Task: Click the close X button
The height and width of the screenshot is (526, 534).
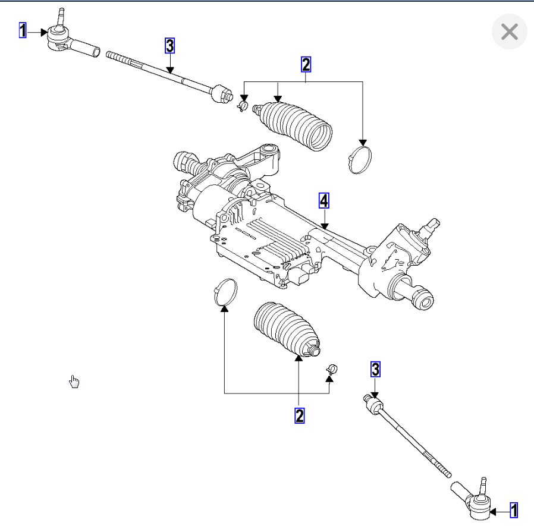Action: (x=510, y=32)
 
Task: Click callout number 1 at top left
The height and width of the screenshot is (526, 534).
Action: (x=23, y=30)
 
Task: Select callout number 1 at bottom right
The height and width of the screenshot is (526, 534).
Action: (x=514, y=510)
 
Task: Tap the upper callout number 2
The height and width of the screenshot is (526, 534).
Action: (x=306, y=64)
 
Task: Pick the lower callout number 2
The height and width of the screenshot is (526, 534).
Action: (x=300, y=415)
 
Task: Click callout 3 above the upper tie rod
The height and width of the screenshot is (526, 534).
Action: (x=170, y=46)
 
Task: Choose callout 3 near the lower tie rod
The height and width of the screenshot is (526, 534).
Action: (x=375, y=369)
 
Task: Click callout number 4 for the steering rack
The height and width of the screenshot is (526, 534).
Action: (x=323, y=201)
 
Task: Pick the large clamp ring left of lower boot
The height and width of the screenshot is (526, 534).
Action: (x=225, y=291)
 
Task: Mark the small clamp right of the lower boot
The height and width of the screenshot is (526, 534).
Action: (x=331, y=369)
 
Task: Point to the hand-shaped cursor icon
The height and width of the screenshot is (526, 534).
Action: (x=74, y=381)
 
